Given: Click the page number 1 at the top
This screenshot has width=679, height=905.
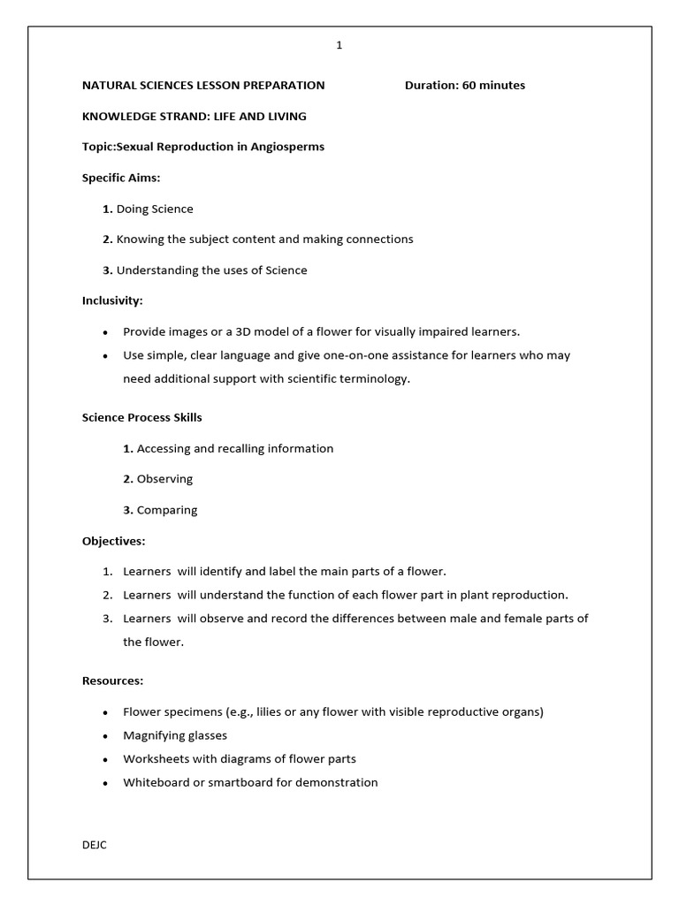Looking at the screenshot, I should [339, 47].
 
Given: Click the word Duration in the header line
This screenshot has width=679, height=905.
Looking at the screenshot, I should [431, 86].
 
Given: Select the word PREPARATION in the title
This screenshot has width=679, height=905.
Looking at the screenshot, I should [281, 86].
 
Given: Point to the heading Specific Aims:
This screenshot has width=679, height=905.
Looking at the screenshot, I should [121, 178].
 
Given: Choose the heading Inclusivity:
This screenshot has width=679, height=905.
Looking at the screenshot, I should [112, 300].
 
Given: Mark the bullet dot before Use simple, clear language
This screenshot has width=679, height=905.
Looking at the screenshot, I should [106, 356].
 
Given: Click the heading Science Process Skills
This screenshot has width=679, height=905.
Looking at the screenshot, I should [142, 417].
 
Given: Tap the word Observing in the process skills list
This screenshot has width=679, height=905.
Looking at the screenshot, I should [164, 479].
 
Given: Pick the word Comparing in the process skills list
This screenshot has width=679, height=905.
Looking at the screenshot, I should [167, 510].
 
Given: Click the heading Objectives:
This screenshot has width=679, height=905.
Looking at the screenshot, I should [114, 540].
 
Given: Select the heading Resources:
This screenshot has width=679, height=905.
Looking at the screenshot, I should [112, 681].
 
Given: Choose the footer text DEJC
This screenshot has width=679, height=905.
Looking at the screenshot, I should [95, 844].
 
